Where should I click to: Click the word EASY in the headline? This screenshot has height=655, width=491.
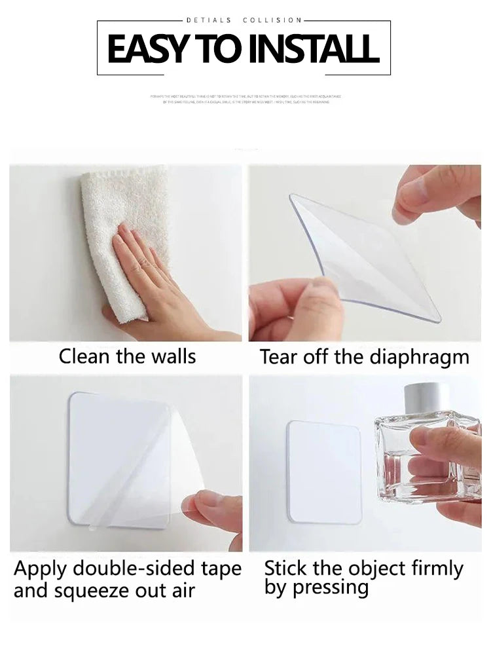pyautogui.click(x=146, y=49)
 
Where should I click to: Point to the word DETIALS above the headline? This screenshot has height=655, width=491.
pyautogui.click(x=209, y=21)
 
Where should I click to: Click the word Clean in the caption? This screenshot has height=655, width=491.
pyautogui.click(x=83, y=356)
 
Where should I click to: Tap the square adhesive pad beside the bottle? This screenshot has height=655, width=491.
pyautogui.click(x=325, y=472)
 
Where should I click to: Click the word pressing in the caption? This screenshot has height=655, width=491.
pyautogui.click(x=331, y=588)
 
